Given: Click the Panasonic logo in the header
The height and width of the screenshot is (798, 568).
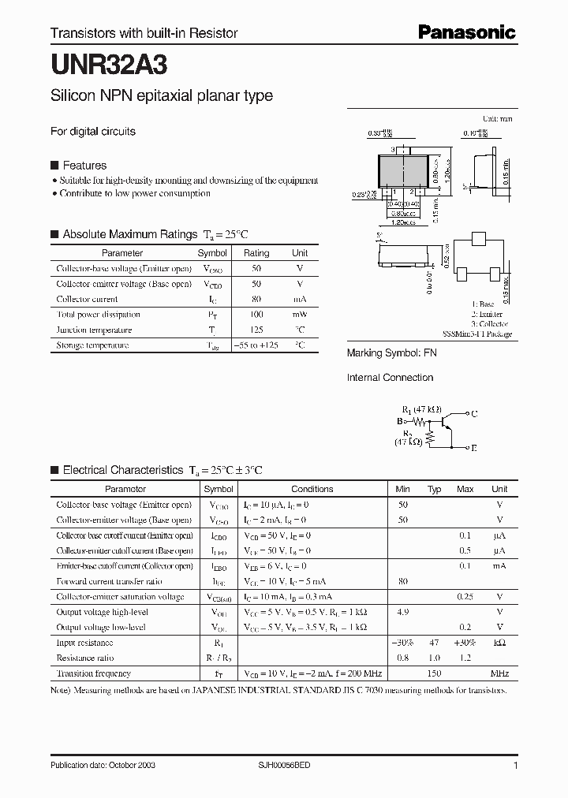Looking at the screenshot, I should point(466,32).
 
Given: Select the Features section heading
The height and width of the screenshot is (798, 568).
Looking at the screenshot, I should point(84,166).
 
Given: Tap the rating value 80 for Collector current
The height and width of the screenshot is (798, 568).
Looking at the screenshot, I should point(256,300).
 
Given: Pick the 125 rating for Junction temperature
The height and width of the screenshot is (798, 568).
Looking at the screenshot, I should point(256,330).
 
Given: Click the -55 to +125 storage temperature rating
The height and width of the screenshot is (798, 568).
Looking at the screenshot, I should point(256,345).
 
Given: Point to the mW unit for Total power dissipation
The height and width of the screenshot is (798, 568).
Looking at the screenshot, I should point(300,315).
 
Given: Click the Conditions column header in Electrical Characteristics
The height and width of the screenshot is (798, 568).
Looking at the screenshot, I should point(312,489).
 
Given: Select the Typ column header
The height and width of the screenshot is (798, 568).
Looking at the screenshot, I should point(434,489).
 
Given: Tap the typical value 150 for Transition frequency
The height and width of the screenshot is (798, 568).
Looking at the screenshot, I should point(434,673).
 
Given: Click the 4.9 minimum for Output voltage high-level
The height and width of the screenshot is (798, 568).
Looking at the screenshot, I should point(403,612).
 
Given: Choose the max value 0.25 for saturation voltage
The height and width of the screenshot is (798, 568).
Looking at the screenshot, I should point(465,597).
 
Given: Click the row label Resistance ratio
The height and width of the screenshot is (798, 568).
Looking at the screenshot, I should point(85,658).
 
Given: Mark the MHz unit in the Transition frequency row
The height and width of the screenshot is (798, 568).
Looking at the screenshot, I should point(499,673).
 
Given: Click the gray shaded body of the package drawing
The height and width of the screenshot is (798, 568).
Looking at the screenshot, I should point(409,170).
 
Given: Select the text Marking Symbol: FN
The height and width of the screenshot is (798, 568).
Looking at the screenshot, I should point(392,353).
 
